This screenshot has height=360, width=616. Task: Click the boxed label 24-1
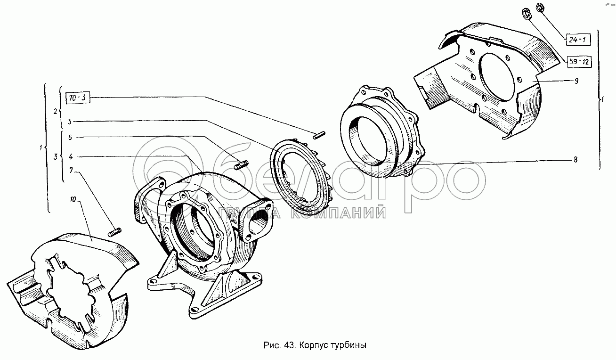pos(578,40)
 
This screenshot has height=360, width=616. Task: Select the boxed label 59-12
pos(579,62)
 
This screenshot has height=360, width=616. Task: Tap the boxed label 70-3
pos(78,98)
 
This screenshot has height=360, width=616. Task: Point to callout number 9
pos(576,81)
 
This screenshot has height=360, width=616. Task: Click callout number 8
pos(575,160)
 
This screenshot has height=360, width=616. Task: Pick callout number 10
pos(73,199)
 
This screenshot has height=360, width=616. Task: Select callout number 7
pos(71,171)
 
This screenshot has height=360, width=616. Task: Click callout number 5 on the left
pos(70,122)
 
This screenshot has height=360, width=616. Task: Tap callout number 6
pos(70,137)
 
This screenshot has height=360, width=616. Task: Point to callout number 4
pos(71,156)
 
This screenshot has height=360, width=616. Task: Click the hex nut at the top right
pos(540,7)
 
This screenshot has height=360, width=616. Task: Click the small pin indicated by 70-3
pos(319,135)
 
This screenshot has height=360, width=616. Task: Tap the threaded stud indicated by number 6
pos(242,165)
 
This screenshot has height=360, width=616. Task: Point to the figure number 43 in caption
pos(289,345)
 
